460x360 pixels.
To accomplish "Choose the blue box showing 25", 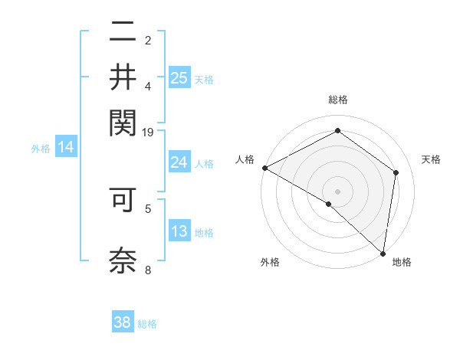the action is point(179,77).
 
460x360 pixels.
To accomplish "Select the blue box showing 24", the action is point(179,162).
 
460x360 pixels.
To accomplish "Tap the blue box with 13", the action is point(179,231).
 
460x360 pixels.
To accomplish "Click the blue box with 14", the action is point(66,148).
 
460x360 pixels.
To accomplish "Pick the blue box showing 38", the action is point(123,322).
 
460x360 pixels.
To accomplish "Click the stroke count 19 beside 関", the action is point(148,133).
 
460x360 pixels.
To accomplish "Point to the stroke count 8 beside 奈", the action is point(148,269).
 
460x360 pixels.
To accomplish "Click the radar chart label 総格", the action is point(337,100).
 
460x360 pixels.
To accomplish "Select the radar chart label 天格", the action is point(431,159).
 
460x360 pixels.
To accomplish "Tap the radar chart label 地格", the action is point(402,263).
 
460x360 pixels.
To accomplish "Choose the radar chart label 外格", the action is point(270,263).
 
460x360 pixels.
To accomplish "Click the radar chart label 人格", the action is point(245,159).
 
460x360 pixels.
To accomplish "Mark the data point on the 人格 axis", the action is point(264,168).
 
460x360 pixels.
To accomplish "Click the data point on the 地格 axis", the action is point(382,252).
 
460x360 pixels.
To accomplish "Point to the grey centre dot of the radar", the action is point(337,191).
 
